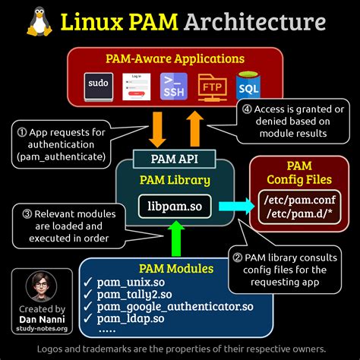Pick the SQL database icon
(248, 87)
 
